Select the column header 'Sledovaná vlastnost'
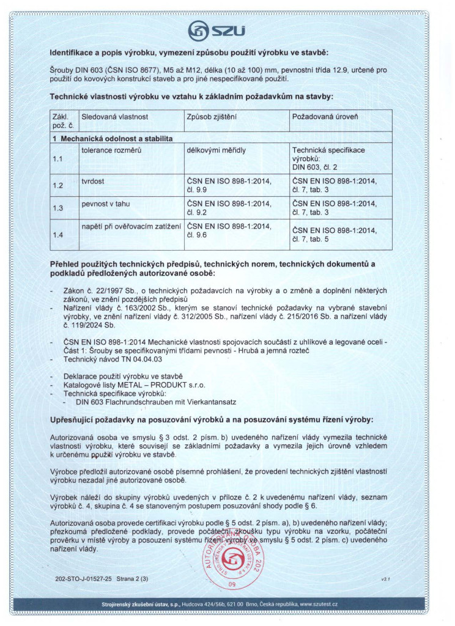pos(115,116)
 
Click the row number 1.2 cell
pos(58,185)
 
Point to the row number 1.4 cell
pos(58,234)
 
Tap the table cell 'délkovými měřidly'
pos(215,150)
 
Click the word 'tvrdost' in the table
pos(94,181)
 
